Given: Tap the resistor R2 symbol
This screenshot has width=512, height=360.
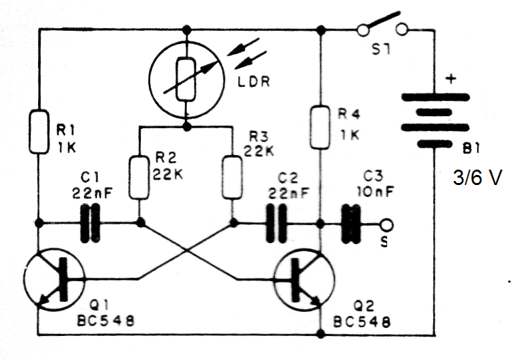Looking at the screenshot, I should click(x=140, y=176).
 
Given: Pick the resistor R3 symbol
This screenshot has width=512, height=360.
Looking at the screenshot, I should click(x=232, y=176).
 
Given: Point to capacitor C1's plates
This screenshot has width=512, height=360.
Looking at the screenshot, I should click(x=91, y=222).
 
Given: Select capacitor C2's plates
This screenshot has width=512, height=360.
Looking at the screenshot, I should click(x=275, y=222).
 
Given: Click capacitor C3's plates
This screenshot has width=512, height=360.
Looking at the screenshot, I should click(x=348, y=222).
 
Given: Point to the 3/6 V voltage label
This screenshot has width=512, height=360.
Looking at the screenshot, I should click(x=477, y=179).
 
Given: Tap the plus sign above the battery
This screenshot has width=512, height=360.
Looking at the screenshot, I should click(x=451, y=79).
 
